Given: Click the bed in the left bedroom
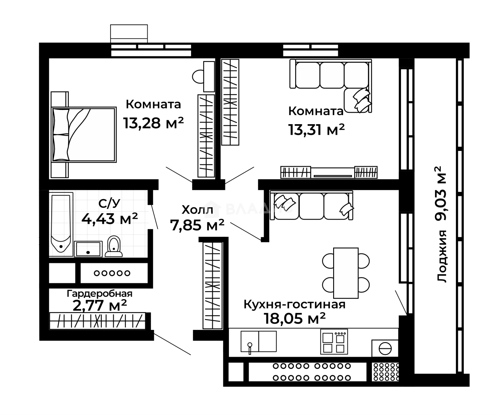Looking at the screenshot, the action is [x=84, y=134].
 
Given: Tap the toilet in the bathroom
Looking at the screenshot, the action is [x=114, y=246].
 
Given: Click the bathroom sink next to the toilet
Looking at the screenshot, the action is [x=88, y=249].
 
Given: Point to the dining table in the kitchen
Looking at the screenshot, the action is [x=346, y=273].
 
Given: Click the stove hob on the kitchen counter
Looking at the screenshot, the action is [x=334, y=341].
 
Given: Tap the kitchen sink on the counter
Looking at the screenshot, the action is [x=259, y=341].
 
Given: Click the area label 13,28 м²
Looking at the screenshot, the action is [x=154, y=123].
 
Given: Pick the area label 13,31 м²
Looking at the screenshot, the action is [x=316, y=130].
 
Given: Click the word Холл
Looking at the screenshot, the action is [x=197, y=210].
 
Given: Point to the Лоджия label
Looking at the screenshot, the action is [x=442, y=256].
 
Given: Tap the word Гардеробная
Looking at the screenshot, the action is [x=99, y=294].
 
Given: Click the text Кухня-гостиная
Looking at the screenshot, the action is [x=294, y=304].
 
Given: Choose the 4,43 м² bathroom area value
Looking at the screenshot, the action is [x=109, y=219].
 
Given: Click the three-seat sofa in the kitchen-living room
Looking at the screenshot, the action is [x=311, y=205].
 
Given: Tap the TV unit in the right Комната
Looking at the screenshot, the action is [x=329, y=172].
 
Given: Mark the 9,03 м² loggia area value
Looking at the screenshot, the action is [x=441, y=194].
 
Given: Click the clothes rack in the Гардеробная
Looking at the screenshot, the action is [x=97, y=321].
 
